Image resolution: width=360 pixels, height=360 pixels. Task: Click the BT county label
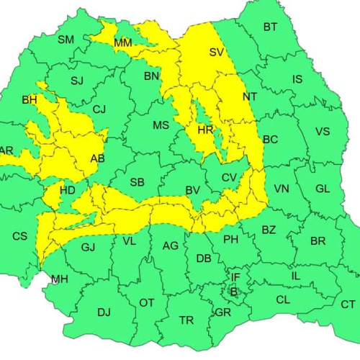tap(270, 27)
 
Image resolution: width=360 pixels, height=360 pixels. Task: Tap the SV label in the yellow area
tap(217, 52)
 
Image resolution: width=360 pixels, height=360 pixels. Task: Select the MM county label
tap(123, 43)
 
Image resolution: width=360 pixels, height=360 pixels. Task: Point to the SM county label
tap(66, 40)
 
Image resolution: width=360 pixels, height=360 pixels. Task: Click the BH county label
tap(30, 99)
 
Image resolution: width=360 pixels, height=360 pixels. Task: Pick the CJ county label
tap(99, 109)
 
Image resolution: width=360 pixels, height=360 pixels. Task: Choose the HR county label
tap(205, 130)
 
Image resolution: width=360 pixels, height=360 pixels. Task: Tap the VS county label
tap(323, 131)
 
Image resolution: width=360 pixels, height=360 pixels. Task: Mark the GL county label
tap(323, 189)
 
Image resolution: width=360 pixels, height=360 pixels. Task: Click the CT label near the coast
tap(348, 304)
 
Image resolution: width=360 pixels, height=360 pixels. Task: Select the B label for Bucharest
tap(233, 292)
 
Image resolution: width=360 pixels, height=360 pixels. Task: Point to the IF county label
tap(235, 277)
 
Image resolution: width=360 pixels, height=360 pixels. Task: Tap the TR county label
tap(186, 320)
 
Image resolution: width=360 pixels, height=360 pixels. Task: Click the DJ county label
tap(104, 312)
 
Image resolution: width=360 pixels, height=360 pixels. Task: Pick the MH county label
tap(59, 279)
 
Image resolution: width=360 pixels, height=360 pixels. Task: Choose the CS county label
tap(19, 235)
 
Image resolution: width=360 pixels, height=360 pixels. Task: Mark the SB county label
tap(137, 182)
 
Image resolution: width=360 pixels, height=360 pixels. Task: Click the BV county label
tap(192, 190)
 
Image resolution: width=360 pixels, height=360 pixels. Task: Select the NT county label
tap(250, 96)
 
